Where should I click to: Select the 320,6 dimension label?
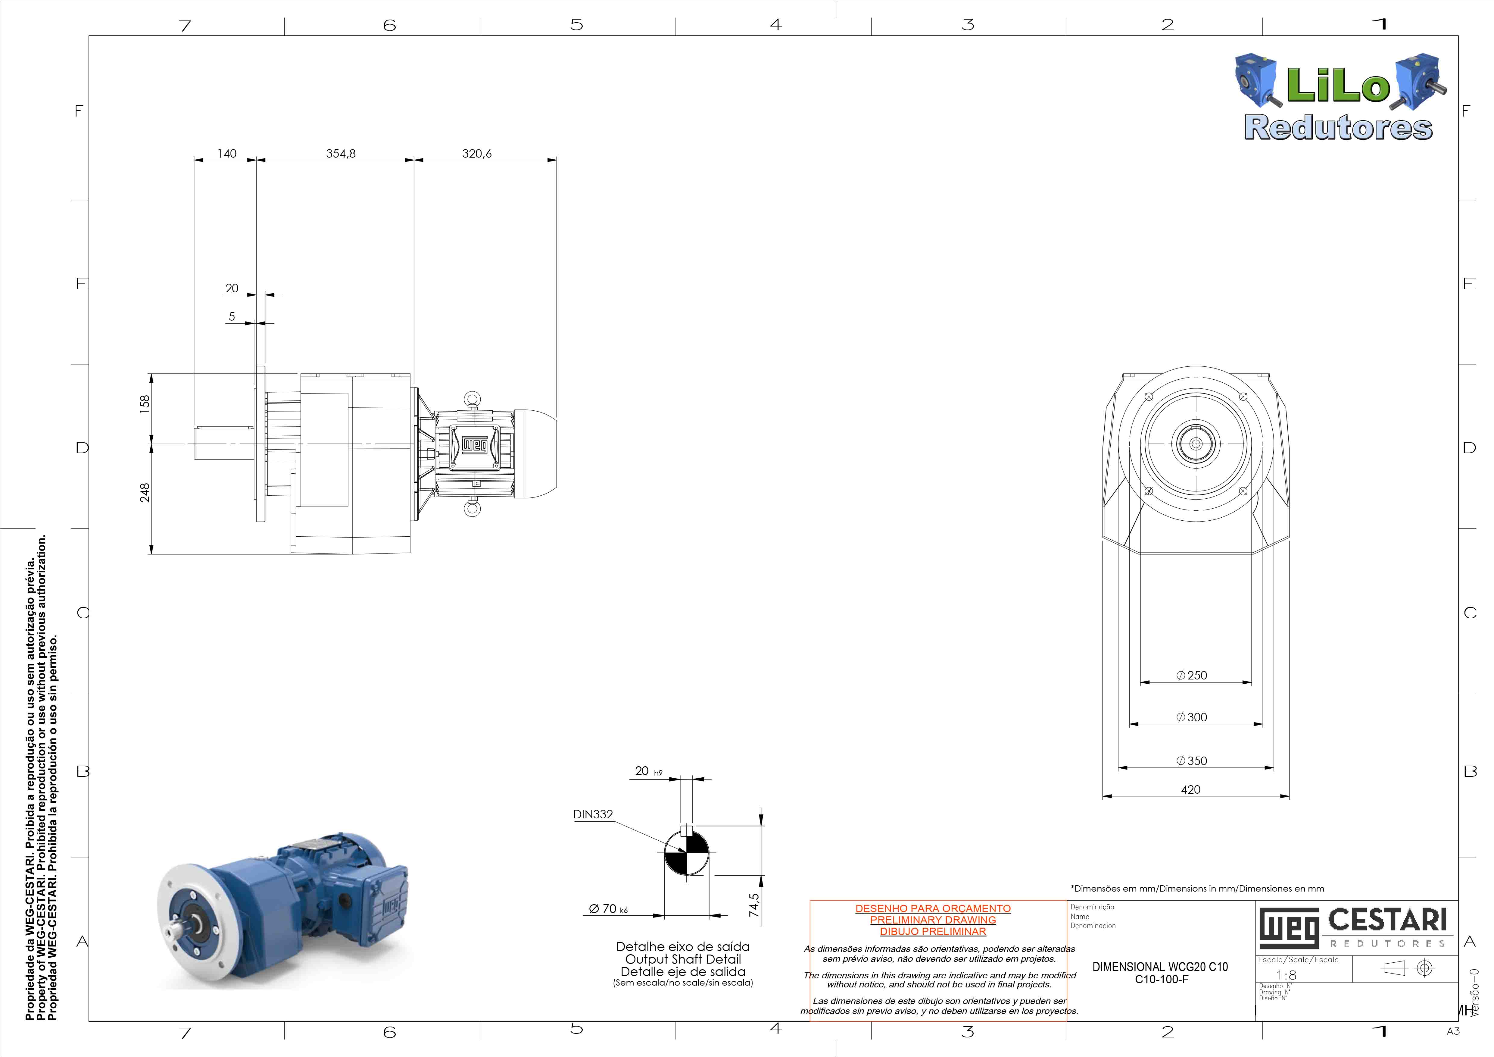click(x=477, y=154)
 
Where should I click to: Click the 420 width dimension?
click(x=1191, y=789)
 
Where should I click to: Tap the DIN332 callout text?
click(x=593, y=814)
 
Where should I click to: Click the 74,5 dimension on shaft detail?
click(x=754, y=905)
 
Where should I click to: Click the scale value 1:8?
click(x=1287, y=975)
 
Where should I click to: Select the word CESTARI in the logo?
click(x=1387, y=920)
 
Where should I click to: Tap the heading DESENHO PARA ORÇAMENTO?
click(x=933, y=908)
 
